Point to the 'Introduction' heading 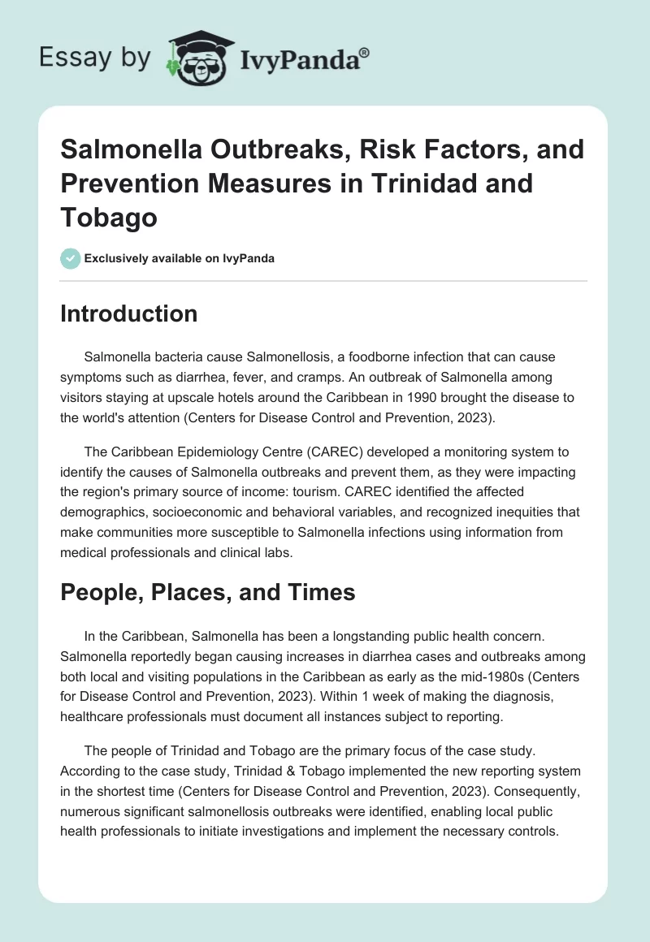pos(128,314)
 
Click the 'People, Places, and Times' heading pos(207,592)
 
